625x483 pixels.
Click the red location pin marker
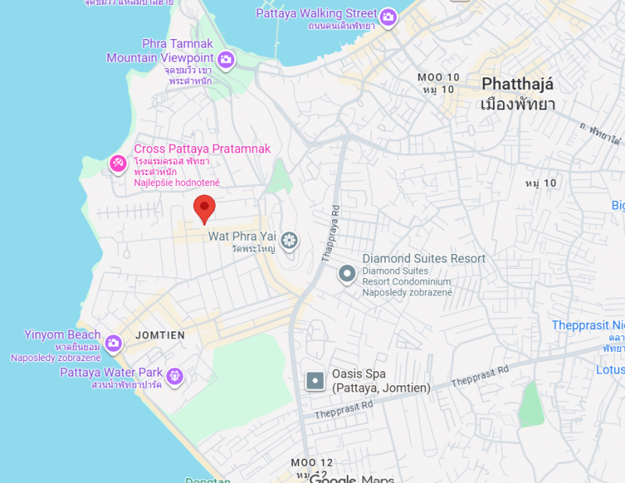204,208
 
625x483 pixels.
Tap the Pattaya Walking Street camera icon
388,16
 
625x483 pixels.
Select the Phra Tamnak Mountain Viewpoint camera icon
226,59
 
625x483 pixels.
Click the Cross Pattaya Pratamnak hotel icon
117,163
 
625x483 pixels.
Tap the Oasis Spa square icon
315,381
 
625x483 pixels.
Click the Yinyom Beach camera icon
113,342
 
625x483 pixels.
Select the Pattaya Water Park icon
174,376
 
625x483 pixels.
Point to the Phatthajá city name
517,84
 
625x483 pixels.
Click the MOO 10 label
438,77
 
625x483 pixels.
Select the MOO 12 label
312,462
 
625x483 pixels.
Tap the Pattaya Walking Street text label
316,14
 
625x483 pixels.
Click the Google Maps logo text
352,478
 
